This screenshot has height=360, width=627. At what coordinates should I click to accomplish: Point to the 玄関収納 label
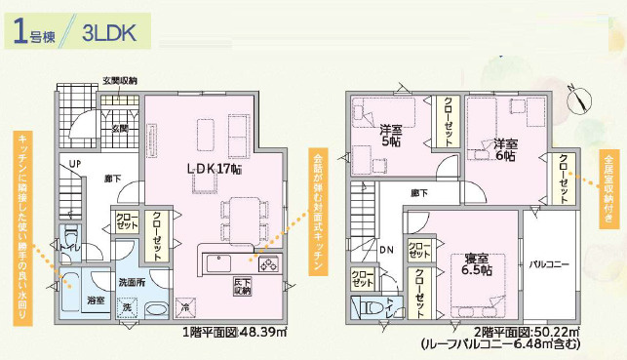(120, 81)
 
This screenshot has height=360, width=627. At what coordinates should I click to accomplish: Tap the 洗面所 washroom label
(133, 282)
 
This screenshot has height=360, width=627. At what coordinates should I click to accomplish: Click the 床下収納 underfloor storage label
(243, 286)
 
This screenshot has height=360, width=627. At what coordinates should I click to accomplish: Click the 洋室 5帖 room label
(390, 135)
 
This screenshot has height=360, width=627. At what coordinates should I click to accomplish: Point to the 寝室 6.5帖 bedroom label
(476, 262)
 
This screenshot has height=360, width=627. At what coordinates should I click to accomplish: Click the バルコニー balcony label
(551, 263)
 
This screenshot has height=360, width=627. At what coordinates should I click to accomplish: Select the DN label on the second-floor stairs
(386, 250)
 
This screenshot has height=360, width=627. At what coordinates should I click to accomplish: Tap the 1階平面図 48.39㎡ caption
(234, 332)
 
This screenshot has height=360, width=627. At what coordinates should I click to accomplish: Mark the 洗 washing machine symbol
(127, 307)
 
